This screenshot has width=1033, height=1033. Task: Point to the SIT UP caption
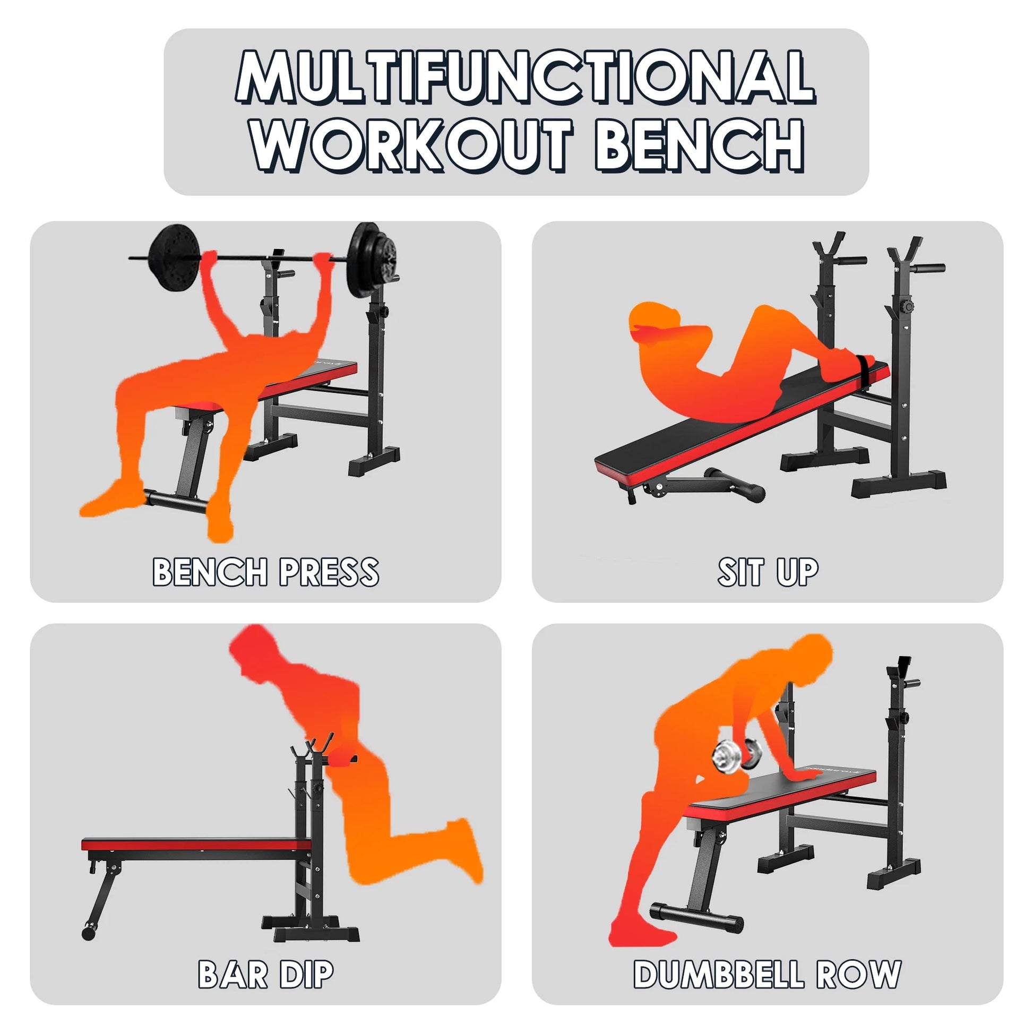tap(768, 572)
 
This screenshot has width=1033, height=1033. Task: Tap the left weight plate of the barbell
tap(174, 257)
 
